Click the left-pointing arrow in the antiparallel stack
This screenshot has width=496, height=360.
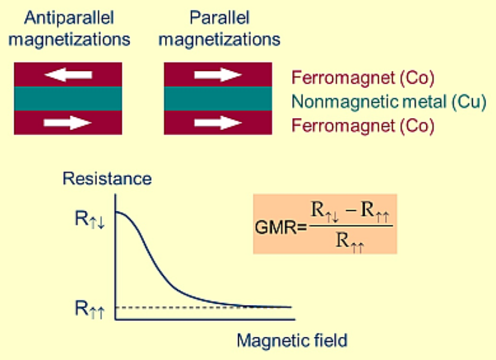68,75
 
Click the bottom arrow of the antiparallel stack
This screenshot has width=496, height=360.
68,122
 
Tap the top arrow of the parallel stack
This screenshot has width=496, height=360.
218,75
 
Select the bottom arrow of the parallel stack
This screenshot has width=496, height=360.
218,122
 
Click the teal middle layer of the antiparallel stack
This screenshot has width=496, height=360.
68,99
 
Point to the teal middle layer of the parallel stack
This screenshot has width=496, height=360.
218,99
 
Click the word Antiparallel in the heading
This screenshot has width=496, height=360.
69,18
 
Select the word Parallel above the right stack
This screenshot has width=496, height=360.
219,18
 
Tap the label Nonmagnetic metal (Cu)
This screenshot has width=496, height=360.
389,102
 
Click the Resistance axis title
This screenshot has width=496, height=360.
107,179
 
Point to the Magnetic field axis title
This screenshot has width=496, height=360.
292,341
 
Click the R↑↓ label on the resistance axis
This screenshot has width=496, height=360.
90,219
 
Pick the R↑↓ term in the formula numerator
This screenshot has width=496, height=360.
324,211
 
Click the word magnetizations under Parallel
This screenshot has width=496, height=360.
219,39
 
